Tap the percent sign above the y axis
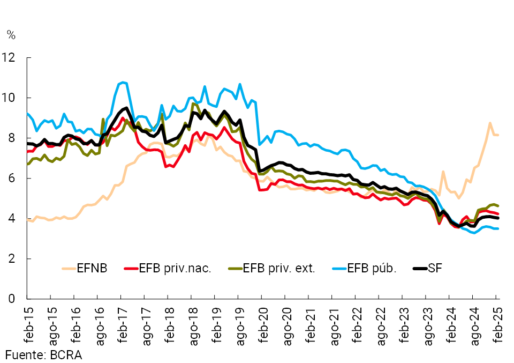pos(11,35)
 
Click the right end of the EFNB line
pos(498,135)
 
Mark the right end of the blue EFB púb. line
pos(498,228)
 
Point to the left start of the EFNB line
pos(27,219)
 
